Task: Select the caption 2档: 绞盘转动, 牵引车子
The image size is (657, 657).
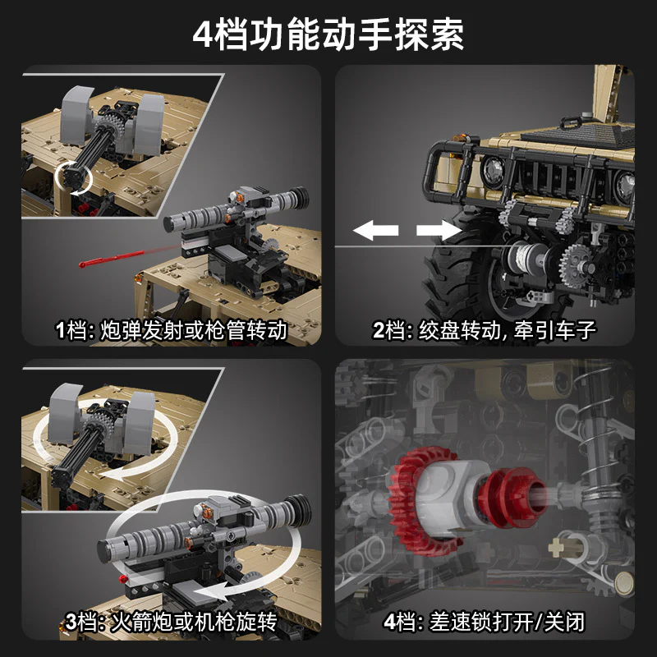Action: point(484,331)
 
